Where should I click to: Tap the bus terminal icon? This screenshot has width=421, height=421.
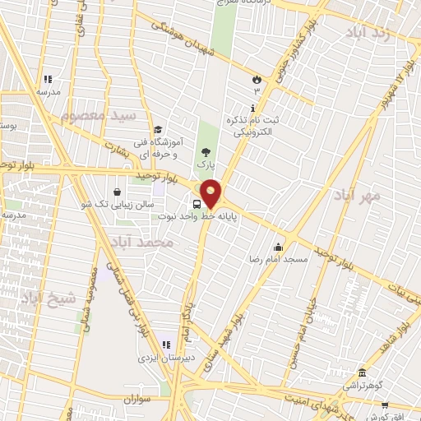click(x=197, y=205)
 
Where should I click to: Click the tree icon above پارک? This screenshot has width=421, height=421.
click(x=205, y=150)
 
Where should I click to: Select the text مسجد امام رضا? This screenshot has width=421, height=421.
click(x=280, y=259)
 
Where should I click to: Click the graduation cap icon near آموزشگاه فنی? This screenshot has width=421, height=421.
click(x=157, y=128)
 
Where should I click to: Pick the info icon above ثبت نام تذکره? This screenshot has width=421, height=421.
click(x=252, y=109)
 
